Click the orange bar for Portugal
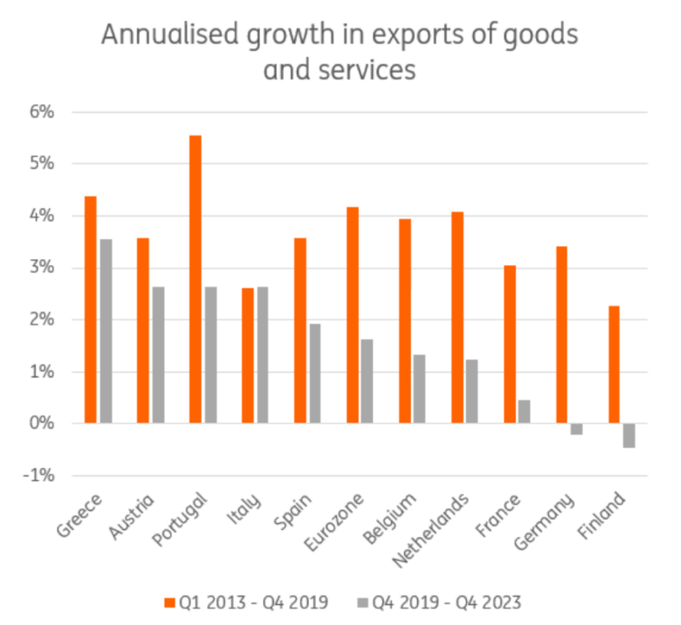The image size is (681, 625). (195, 279)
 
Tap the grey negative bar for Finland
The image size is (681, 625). (629, 436)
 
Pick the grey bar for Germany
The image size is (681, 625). (577, 429)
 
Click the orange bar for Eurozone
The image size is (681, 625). (352, 315)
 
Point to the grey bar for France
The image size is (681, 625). (525, 411)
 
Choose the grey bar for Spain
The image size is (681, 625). (315, 374)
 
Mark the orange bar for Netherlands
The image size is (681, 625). (457, 318)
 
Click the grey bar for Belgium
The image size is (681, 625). (420, 388)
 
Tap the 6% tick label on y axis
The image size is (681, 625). (41, 112)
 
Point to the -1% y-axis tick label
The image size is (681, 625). (38, 476)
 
